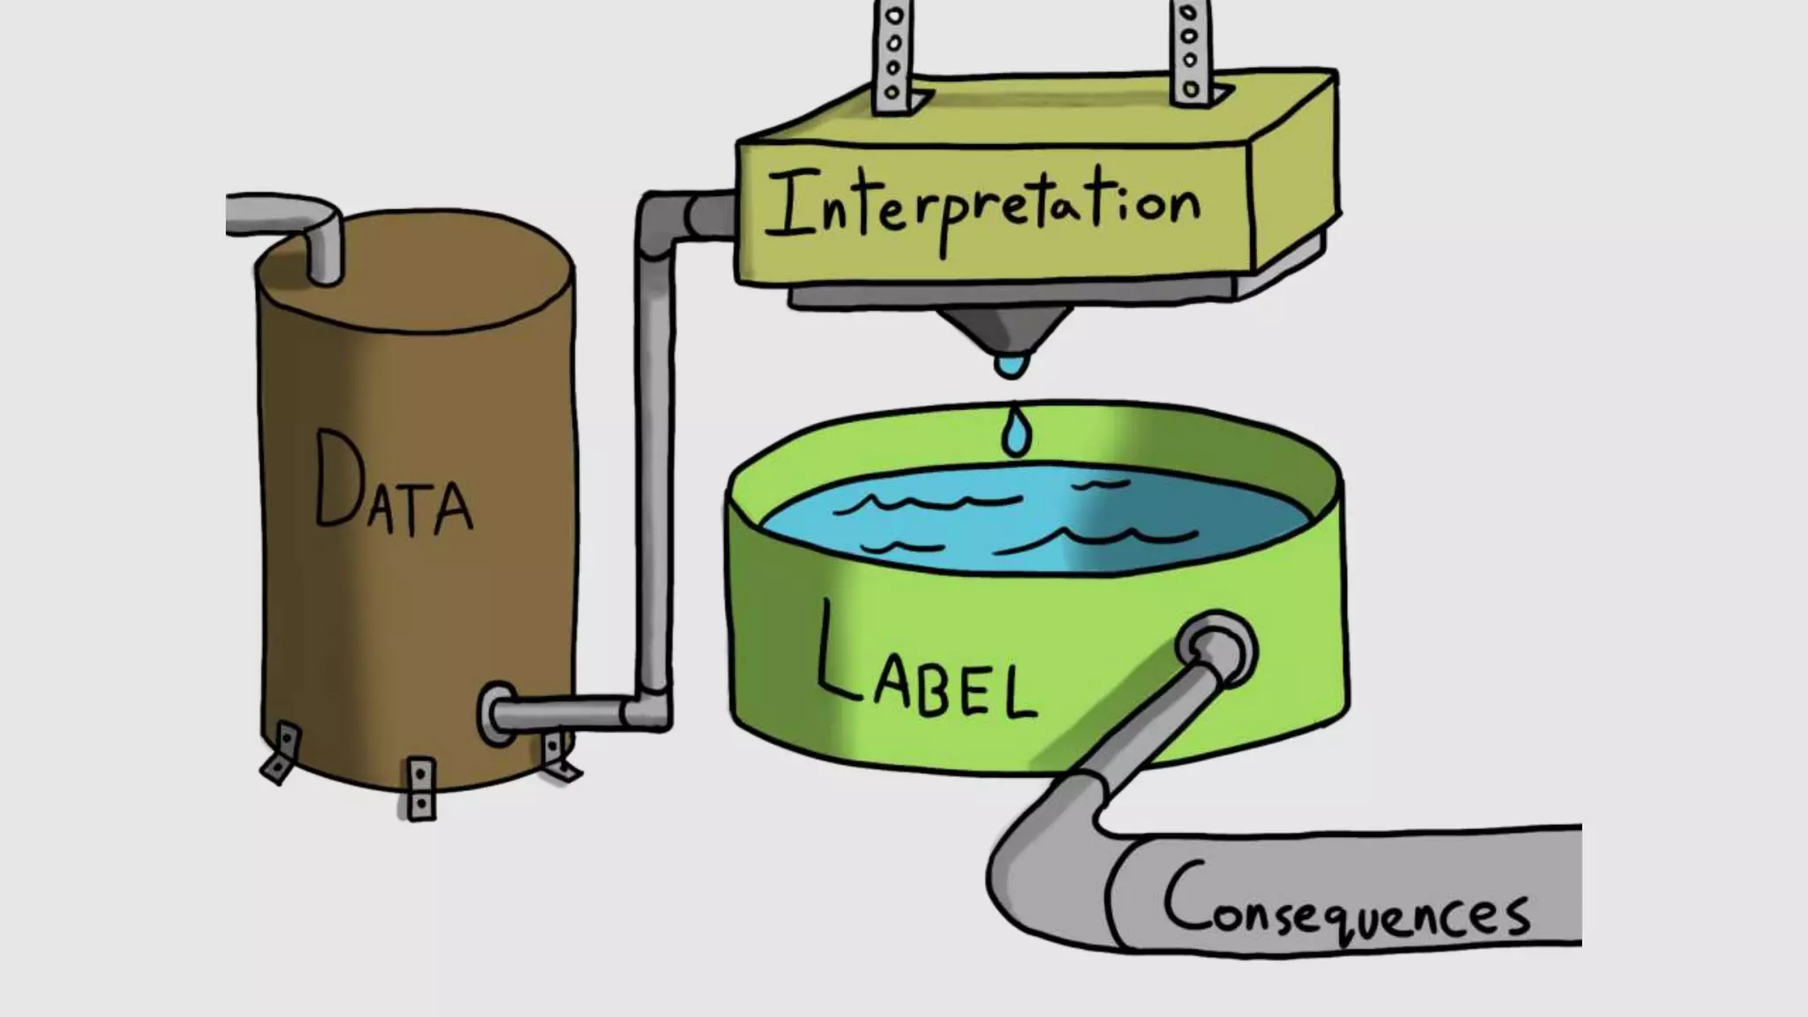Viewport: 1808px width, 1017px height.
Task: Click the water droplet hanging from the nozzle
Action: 1012,364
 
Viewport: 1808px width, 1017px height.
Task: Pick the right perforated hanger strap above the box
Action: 1189,53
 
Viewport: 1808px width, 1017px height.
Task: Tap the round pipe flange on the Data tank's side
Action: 496,714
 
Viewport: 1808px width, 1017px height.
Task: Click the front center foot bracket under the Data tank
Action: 421,787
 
